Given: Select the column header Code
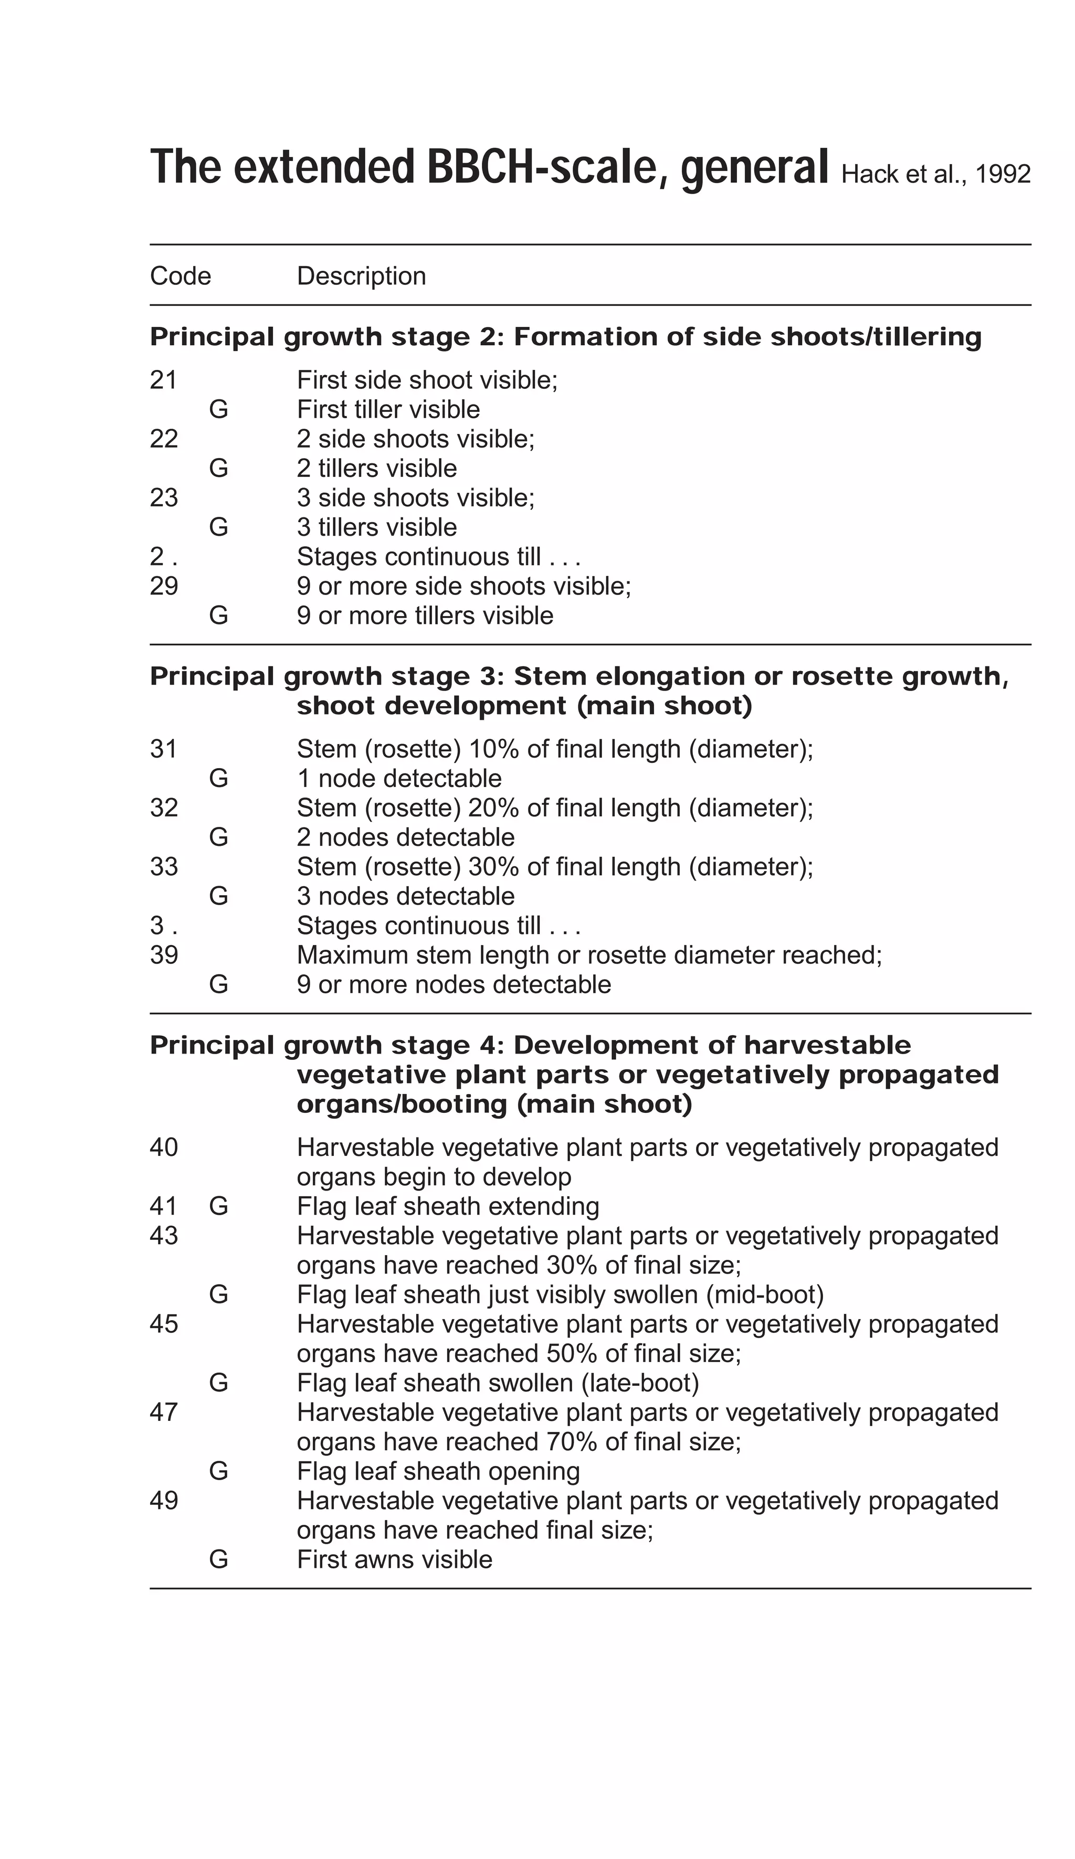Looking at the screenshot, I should [x=180, y=276].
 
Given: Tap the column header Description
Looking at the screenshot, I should [x=361, y=276].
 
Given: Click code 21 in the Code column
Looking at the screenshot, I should [x=163, y=380].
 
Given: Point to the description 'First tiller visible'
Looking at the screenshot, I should [x=388, y=409].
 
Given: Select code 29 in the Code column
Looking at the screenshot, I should [x=164, y=586].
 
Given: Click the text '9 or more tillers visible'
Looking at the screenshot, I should [x=425, y=615].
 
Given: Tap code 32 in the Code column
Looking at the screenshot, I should [x=164, y=808].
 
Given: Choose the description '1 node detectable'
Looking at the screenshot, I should [x=399, y=778].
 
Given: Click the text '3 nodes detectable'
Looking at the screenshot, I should [x=406, y=896].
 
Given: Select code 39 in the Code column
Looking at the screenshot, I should [x=164, y=955].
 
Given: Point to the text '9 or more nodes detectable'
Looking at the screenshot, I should [x=454, y=985].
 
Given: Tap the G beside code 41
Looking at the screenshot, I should [x=218, y=1206].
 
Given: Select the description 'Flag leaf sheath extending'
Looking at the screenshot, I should [x=448, y=1206].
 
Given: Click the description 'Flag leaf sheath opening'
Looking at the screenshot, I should [x=438, y=1472].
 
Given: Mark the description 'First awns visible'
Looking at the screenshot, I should [x=395, y=1560].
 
